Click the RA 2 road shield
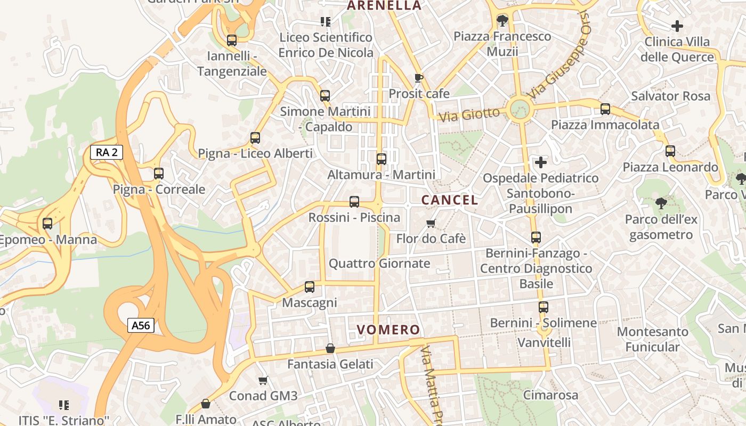coord(107,152)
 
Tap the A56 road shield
coord(141,325)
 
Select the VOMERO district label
coord(388,330)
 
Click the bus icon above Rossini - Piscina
coord(354,202)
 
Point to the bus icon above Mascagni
coord(310,287)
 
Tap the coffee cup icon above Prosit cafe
coord(419,78)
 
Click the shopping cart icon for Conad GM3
coord(263,380)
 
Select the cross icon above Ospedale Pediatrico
coord(541,162)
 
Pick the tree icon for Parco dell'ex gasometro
coord(661,203)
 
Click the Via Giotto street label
coord(469,114)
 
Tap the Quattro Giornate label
coord(379,264)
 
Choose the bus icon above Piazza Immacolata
coord(605,109)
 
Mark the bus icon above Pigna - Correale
coord(159,173)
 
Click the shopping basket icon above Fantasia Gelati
coord(330,349)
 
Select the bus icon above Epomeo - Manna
coord(47,224)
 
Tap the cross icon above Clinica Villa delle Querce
coord(677,26)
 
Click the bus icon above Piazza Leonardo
coord(670,151)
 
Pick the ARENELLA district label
coord(384,6)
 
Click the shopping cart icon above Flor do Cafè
coord(431,223)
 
